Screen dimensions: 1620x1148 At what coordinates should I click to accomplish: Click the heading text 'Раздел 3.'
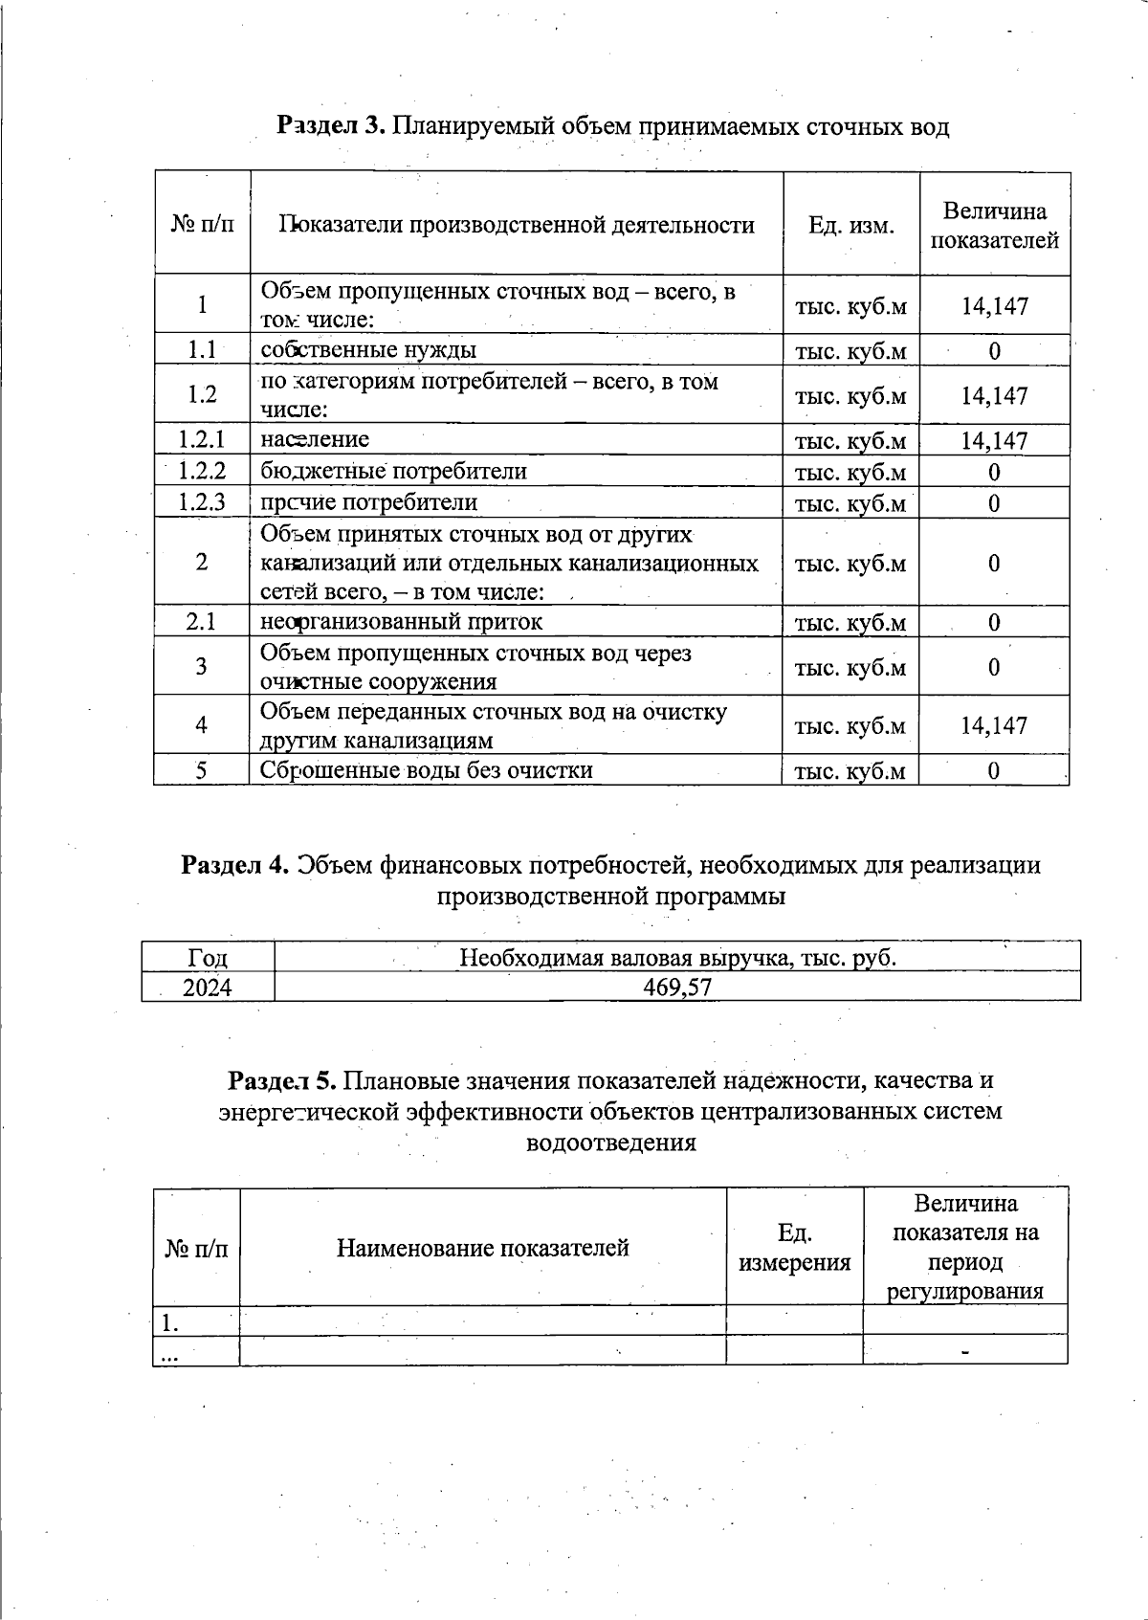tap(330, 126)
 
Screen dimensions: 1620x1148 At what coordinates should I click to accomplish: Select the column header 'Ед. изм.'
tap(850, 226)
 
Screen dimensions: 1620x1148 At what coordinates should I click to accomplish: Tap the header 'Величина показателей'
tap(994, 226)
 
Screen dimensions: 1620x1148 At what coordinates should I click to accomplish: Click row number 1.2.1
tap(202, 439)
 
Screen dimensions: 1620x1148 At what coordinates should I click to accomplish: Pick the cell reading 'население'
tap(315, 439)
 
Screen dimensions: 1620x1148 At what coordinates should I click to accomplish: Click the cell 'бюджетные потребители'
tap(393, 471)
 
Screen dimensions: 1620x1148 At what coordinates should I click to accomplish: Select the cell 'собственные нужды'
tap(368, 350)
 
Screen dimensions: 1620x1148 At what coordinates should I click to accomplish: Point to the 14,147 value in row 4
tap(994, 725)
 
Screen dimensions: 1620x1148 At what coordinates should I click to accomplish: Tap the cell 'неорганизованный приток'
tap(401, 622)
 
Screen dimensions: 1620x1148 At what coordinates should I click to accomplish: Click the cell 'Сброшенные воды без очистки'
tap(426, 770)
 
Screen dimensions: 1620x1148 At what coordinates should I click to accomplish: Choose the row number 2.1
tap(202, 622)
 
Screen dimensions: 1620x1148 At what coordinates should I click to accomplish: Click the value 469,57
tap(677, 988)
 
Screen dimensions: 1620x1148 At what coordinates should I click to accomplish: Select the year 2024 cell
tap(208, 988)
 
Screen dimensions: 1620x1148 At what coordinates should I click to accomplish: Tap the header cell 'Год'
tap(208, 958)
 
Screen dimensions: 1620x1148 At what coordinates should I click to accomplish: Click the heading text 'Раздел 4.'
tap(235, 865)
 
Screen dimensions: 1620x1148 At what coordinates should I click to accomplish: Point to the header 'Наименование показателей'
tap(482, 1248)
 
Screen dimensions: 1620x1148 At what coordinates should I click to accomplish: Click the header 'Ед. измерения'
tap(794, 1248)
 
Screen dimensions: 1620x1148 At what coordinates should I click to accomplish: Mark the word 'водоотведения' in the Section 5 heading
tap(611, 1143)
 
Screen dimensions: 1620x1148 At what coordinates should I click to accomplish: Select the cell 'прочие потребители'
tap(368, 502)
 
